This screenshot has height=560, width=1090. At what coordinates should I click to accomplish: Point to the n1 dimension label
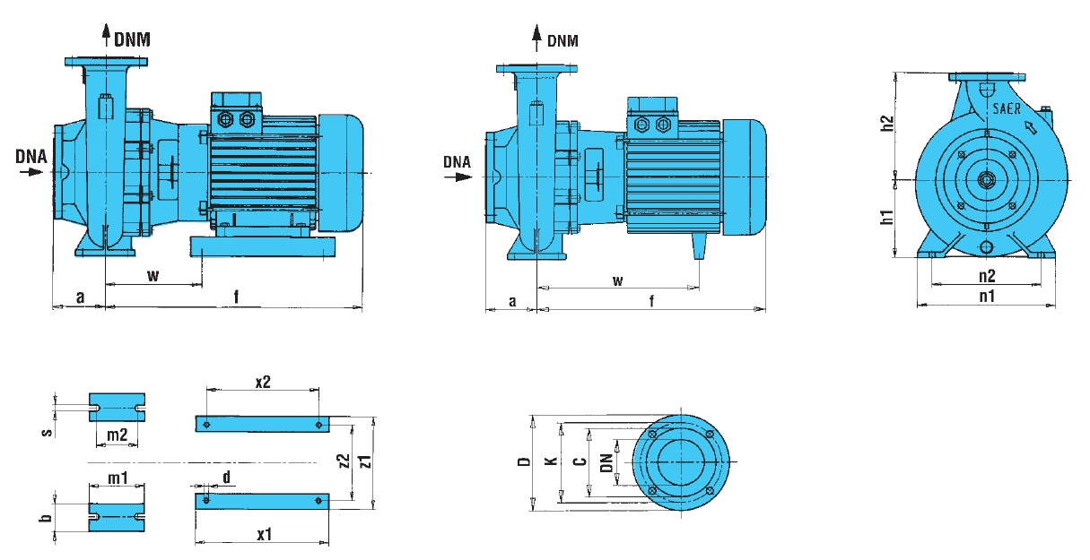(987, 295)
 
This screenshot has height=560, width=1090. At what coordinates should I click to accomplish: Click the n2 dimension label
(987, 275)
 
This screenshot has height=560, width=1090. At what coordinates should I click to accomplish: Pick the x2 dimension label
(263, 382)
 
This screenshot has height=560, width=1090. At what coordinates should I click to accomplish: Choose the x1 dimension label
(264, 534)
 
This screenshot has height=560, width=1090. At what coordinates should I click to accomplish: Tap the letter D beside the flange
(525, 462)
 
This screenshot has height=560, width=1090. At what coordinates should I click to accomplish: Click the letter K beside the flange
(552, 462)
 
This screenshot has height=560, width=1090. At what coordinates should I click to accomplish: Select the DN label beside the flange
(606, 462)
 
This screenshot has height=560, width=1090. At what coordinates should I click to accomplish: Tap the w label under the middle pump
(618, 280)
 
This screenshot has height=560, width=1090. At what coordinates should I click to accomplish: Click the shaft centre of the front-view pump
(987, 180)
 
